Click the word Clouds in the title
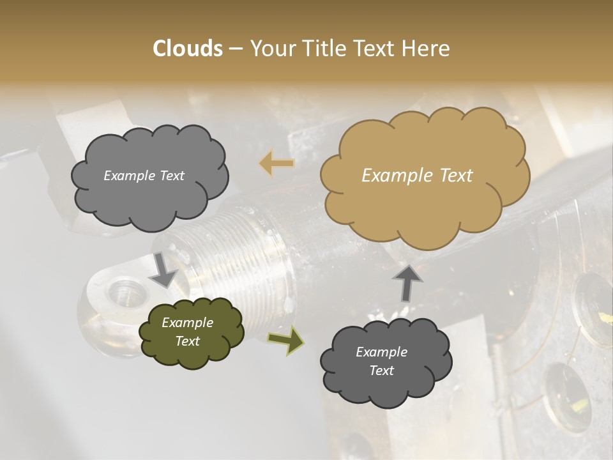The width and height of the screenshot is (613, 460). pos(188,49)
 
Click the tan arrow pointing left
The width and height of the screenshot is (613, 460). pos(276,164)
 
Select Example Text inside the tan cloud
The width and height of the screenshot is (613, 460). pos(417,176)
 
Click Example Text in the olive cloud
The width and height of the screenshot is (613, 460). pos(188,332)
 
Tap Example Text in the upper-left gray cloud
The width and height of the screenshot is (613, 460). pos(144,176)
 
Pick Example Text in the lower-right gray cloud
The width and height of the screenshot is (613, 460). pos(381,361)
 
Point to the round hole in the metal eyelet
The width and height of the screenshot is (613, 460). pos(123,295)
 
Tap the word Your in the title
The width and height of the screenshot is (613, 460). pos(273,49)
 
